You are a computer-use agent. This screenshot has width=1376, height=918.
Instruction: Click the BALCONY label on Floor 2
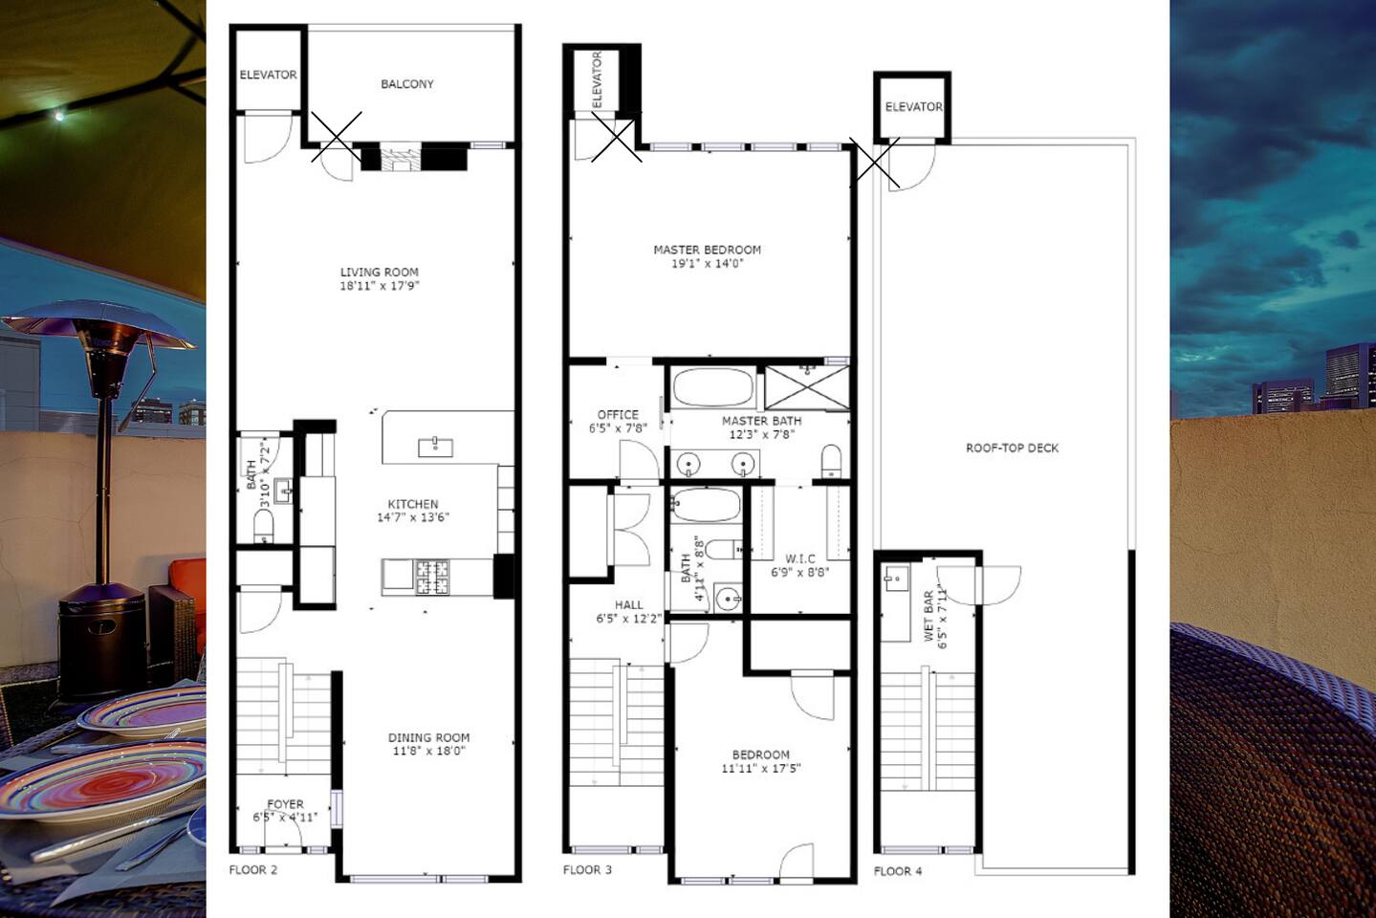406,84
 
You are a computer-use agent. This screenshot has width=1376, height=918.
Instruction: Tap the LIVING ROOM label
379,273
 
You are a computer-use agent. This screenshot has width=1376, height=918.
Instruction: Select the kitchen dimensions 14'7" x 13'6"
413,517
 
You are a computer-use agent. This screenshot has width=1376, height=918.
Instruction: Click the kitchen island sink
435,448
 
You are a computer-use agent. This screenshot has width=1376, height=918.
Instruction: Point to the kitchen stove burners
432,578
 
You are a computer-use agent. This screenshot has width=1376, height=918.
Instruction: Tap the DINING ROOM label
428,737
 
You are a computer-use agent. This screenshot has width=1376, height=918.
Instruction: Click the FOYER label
285,804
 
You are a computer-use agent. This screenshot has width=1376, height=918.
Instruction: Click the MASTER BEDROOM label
707,251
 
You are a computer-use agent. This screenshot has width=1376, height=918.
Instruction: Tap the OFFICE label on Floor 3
618,415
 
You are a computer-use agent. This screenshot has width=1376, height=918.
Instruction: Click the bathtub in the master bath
713,387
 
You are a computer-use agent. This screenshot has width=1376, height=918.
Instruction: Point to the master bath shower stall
807,387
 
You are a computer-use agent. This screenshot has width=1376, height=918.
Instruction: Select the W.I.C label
800,559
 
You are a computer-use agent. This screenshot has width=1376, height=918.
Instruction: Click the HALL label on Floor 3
628,605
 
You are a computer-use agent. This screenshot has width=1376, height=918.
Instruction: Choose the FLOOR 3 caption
587,870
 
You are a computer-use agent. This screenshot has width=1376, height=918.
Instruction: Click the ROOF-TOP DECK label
1012,448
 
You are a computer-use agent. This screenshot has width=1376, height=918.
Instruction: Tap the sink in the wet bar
895,579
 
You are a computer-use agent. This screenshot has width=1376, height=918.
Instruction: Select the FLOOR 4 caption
898,871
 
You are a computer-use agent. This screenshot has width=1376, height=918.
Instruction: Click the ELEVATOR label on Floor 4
913,107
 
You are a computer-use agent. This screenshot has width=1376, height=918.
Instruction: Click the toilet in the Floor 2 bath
264,527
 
